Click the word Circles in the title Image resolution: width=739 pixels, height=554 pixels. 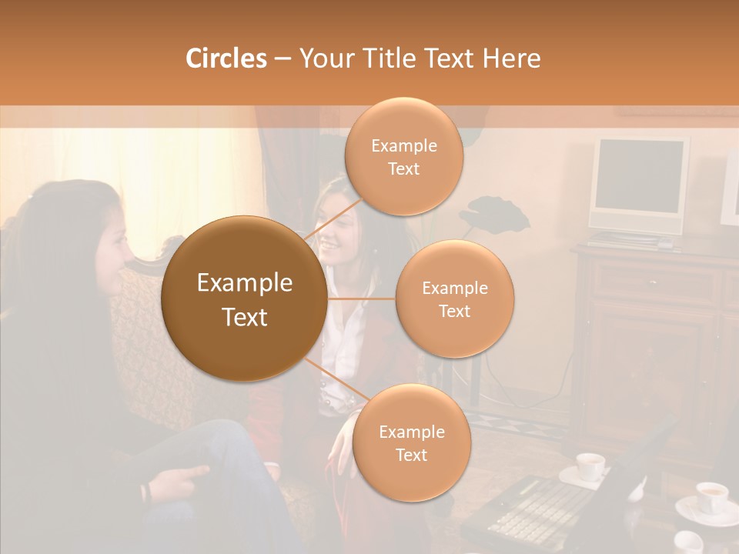pyautogui.click(x=226, y=58)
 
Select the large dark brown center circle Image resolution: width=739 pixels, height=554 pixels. pyautogui.click(x=244, y=299)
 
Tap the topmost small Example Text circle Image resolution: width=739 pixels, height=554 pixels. pyautogui.click(x=403, y=157)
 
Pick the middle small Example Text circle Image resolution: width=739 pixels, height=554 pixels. pyautogui.click(x=454, y=299)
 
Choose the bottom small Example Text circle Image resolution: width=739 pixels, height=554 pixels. pyautogui.click(x=411, y=443)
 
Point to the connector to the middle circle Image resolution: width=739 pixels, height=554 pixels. pyautogui.click(x=362, y=299)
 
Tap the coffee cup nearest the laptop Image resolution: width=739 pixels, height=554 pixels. pyautogui.click(x=590, y=466)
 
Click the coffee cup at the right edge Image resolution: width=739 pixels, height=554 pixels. pyautogui.click(x=711, y=497)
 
